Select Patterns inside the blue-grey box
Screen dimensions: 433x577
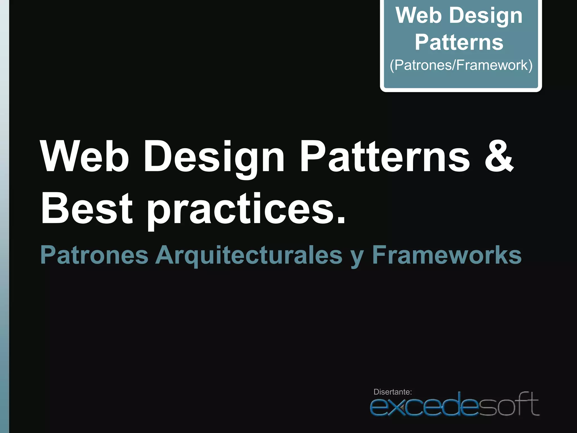[x=459, y=42]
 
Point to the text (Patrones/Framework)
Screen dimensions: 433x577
[x=461, y=65]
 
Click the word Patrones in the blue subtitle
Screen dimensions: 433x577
[x=94, y=255]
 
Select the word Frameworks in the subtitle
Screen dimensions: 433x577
[x=447, y=255]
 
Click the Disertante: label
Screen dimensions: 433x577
[x=392, y=392]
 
